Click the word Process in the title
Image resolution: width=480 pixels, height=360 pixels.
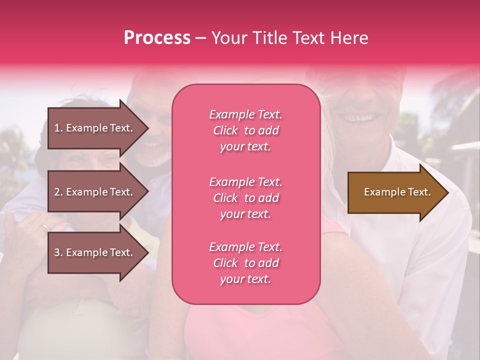[x=157, y=37]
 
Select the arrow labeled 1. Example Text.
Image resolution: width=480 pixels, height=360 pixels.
[x=95, y=128]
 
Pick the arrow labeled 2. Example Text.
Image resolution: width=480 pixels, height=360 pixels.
[x=95, y=192]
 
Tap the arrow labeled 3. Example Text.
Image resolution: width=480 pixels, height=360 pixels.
[x=95, y=252]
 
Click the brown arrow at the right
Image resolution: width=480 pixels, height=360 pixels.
[x=395, y=192]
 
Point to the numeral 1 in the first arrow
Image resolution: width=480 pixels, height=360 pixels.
[x=57, y=128]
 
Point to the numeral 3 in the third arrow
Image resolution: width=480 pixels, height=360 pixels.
[x=57, y=252]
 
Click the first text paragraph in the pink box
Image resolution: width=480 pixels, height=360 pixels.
[x=245, y=130]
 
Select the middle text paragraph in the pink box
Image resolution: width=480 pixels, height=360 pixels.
[x=245, y=198]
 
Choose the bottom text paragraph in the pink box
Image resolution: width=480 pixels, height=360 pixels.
[x=245, y=263]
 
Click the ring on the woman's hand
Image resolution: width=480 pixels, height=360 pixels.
[x=45, y=226]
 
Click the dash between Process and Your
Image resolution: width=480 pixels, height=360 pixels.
[x=200, y=38]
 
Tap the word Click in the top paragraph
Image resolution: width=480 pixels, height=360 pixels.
[x=225, y=130]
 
